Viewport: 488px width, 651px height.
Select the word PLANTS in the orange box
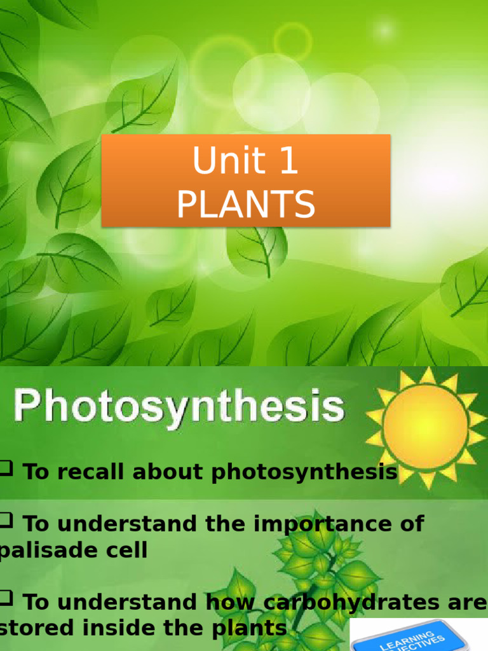pos(245,204)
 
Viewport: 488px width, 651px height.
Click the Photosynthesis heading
pos(179,407)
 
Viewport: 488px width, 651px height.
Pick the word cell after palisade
pos(125,551)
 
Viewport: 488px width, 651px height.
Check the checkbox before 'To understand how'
pos(8,598)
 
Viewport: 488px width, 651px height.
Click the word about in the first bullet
pos(168,472)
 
